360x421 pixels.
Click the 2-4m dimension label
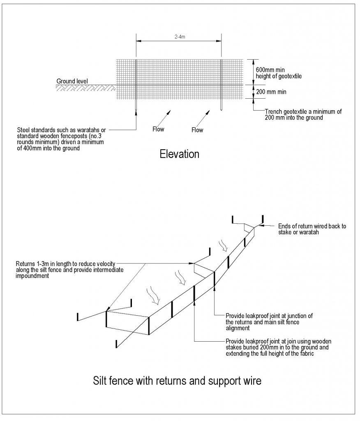click(179, 36)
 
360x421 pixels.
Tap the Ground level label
click(72, 81)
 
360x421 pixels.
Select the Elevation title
click(179, 154)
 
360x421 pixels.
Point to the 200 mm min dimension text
click(271, 92)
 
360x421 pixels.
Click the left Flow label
click(158, 130)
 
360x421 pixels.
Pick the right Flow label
click(197, 130)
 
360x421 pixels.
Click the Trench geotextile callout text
click(303, 114)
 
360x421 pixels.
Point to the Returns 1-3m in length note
click(70, 270)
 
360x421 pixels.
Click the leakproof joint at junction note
click(269, 322)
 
